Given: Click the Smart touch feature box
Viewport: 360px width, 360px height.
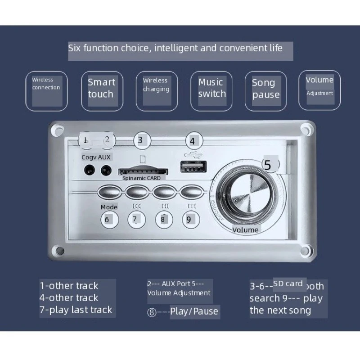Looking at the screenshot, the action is (101, 90).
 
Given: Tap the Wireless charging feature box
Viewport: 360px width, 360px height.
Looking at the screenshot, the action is (156, 90).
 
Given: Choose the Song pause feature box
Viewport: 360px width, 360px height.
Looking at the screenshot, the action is (266, 90).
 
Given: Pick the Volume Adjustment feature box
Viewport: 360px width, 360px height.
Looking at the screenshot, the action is (319, 90).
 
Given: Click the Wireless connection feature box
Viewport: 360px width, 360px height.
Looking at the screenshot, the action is (46, 90).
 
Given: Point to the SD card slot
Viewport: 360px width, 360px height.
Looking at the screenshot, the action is (143, 171).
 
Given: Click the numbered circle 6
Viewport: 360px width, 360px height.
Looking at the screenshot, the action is (107, 219).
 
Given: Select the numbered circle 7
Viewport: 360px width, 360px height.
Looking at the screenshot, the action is (135, 219).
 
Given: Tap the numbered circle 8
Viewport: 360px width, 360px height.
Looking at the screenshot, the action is (163, 219).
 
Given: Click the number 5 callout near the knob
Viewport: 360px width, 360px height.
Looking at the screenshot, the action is (268, 165).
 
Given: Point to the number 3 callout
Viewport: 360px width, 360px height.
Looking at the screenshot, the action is (140, 139).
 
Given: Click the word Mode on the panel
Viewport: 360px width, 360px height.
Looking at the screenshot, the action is (109, 207).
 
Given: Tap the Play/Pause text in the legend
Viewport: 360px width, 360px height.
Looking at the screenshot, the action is (194, 311).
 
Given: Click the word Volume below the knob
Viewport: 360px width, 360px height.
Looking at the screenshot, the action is (245, 230).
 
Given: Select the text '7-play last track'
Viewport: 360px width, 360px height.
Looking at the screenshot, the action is (76, 310).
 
